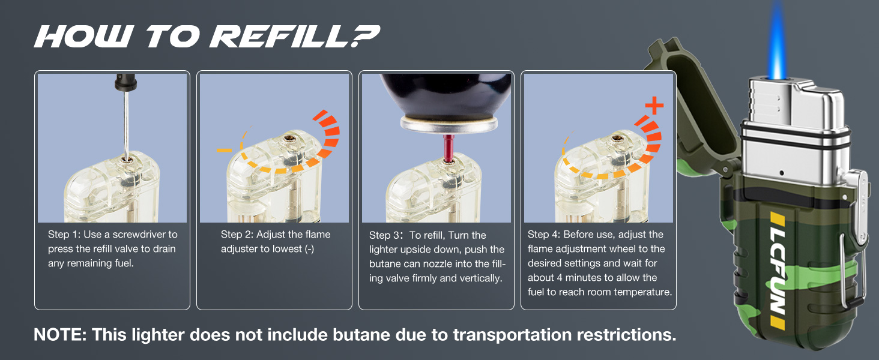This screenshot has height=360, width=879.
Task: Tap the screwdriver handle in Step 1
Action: pos(125,82)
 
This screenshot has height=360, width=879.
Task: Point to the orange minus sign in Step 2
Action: pos(224,150)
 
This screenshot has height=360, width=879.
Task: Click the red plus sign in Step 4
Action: pos(654,106)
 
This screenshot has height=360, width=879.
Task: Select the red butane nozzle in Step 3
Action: pos(448,148)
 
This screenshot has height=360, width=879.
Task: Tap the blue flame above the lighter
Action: pos(777,41)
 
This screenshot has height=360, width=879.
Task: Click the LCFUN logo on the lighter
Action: pos(778,271)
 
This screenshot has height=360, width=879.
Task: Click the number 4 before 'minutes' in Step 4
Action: pos(559,278)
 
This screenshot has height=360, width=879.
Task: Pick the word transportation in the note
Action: pos(512,335)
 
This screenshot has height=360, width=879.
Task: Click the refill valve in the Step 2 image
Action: pos(289,139)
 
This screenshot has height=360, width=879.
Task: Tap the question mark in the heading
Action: pos(364,36)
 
